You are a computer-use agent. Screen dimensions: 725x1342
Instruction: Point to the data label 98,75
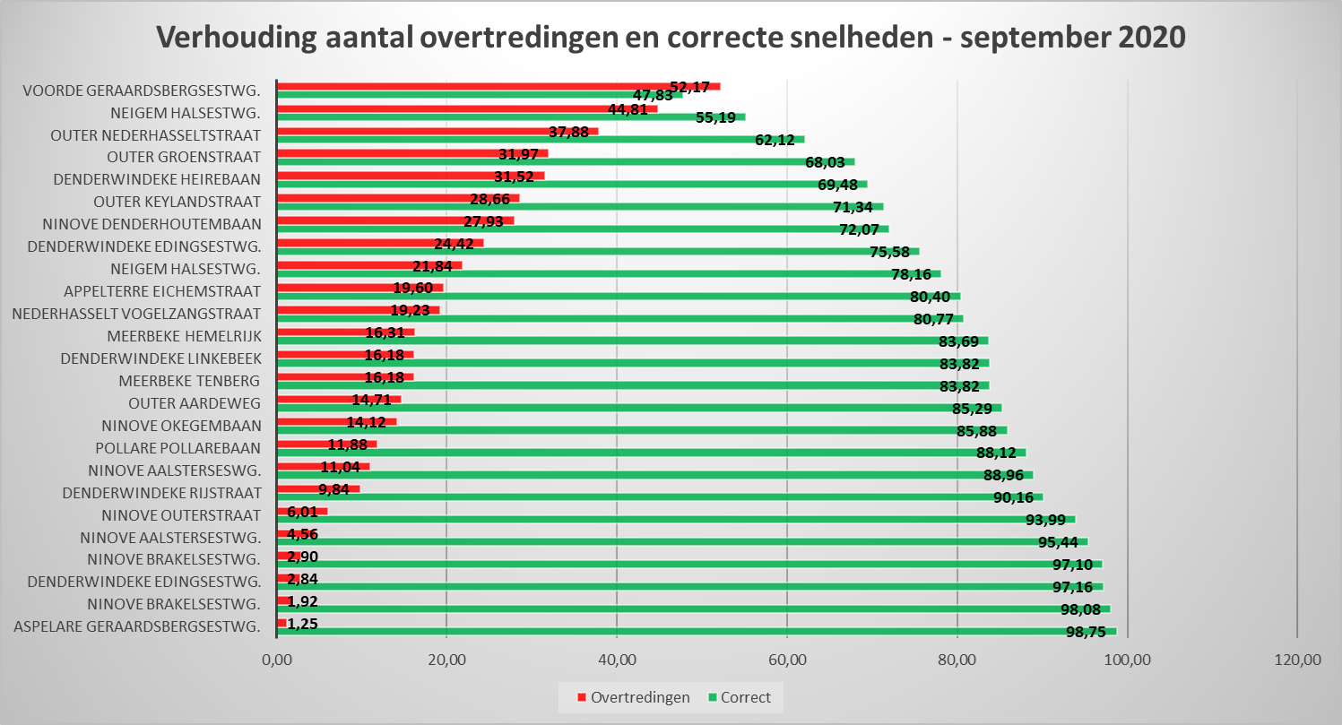[1087, 633]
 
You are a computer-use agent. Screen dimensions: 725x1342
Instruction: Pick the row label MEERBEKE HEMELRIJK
[184, 336]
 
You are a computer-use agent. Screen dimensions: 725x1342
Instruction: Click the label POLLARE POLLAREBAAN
[178, 448]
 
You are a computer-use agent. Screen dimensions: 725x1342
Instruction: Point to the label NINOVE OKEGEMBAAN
[181, 426]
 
